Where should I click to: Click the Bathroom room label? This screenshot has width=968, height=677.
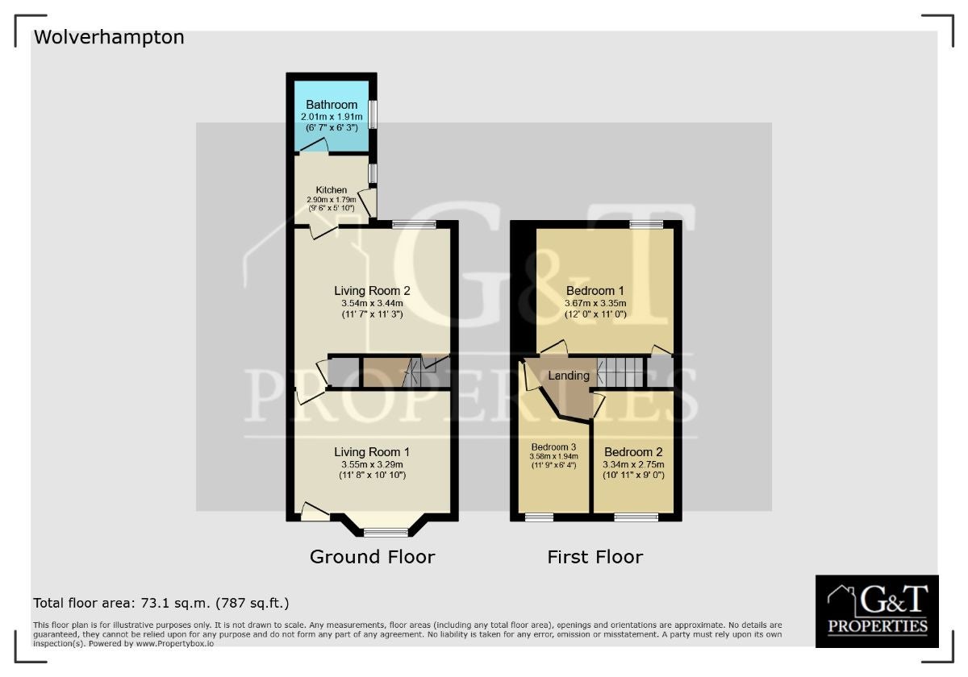coord(332,105)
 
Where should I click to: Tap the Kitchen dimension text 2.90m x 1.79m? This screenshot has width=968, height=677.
coord(332,200)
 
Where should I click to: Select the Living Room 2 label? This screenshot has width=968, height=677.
coord(372,291)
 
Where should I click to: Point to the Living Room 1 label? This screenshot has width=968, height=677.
coord(372,452)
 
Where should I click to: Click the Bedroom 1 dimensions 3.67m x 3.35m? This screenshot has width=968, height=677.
coord(595,304)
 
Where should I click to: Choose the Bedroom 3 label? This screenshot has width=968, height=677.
coord(553,447)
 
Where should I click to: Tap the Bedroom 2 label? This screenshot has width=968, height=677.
coord(633,452)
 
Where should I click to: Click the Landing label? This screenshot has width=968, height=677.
coord(569,376)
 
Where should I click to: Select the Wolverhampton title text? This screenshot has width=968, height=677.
coord(109,38)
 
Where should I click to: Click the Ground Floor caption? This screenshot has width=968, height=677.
coord(372,557)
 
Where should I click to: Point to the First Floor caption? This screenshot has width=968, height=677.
coord(595,557)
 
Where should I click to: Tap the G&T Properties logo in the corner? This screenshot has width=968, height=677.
coord(877,611)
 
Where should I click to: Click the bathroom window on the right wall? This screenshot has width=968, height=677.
coord(373,114)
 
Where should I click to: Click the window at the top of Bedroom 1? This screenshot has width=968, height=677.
coord(646,224)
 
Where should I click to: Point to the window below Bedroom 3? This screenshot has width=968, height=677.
coord(540,517)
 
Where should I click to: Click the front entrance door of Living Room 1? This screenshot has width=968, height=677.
coord(315,512)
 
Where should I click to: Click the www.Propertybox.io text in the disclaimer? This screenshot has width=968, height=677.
coord(175,643)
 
